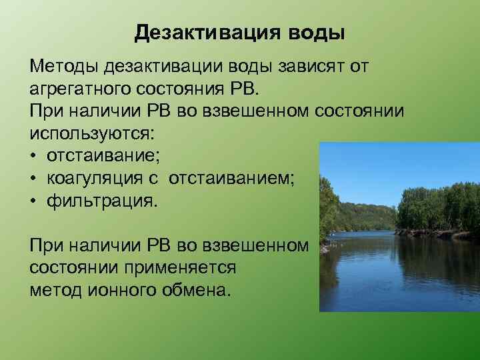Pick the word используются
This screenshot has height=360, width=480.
click(x=91, y=132)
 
